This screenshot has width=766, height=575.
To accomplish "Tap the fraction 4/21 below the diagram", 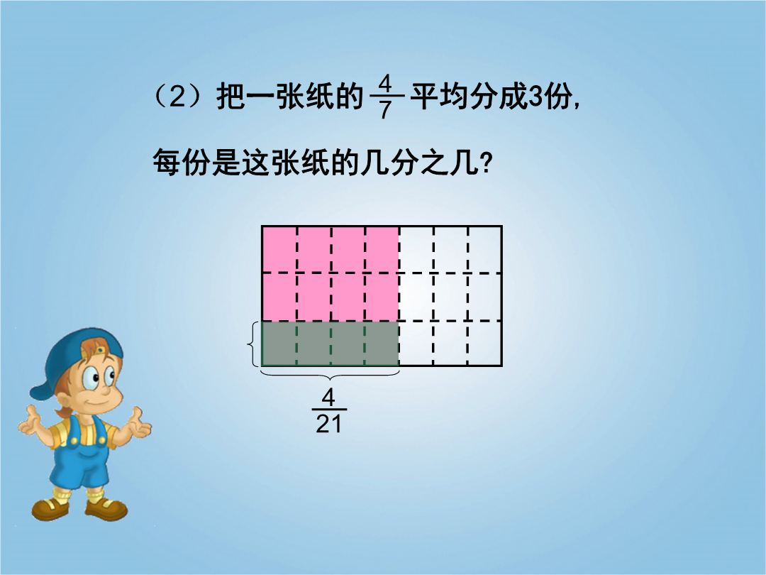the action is (x=329, y=411).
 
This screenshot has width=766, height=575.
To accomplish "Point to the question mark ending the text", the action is (x=486, y=163).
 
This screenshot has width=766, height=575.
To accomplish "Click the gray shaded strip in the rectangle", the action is (x=331, y=344).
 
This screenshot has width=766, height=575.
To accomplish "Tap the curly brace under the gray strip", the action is (x=331, y=375).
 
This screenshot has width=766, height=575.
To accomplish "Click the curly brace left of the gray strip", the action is (x=253, y=344).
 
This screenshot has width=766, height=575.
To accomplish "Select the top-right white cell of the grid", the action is (x=485, y=249).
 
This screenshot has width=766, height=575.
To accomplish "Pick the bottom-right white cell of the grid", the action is (x=485, y=344).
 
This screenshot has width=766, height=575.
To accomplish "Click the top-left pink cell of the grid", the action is (x=279, y=249).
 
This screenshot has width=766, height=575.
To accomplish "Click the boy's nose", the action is (x=105, y=390).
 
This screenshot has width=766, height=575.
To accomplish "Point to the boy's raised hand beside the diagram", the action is (x=138, y=425).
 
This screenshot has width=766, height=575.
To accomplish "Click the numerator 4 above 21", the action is (x=329, y=398).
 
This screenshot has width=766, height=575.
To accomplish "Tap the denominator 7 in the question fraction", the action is (x=385, y=109).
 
